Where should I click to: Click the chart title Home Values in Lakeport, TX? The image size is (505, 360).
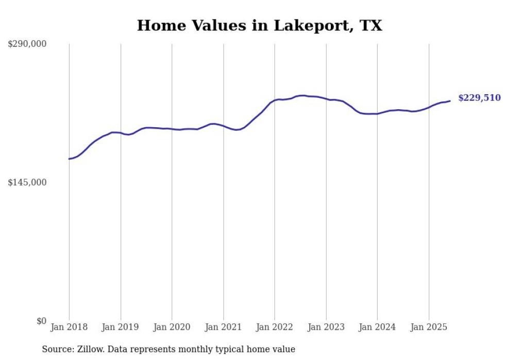coord(259,25)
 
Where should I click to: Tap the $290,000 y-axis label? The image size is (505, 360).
coord(27,44)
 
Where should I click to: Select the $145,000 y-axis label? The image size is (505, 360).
coord(27,182)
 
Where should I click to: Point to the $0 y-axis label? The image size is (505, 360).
coord(41,321)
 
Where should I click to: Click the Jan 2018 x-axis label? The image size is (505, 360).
coord(69,327)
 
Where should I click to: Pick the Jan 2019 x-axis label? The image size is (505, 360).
coord(121,327)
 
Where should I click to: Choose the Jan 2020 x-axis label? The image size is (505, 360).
coord(172,327)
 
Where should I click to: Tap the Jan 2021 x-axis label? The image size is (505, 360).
coord(224,327)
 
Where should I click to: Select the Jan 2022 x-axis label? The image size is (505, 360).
coord(275,327)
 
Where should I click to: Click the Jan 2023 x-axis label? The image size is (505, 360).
coord(326,327)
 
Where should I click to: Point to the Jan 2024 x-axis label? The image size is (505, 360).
coord(377,327)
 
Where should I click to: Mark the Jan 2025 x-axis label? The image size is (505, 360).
coord(429,327)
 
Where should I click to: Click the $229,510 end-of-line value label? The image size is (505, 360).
coord(479,98)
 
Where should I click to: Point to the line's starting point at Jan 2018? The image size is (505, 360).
coord(69,159)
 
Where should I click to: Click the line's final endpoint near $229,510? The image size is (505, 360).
coord(450,101)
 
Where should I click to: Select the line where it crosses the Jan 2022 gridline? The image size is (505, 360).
coord(275,100)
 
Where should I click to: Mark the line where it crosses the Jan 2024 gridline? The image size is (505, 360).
coord(377,113)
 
